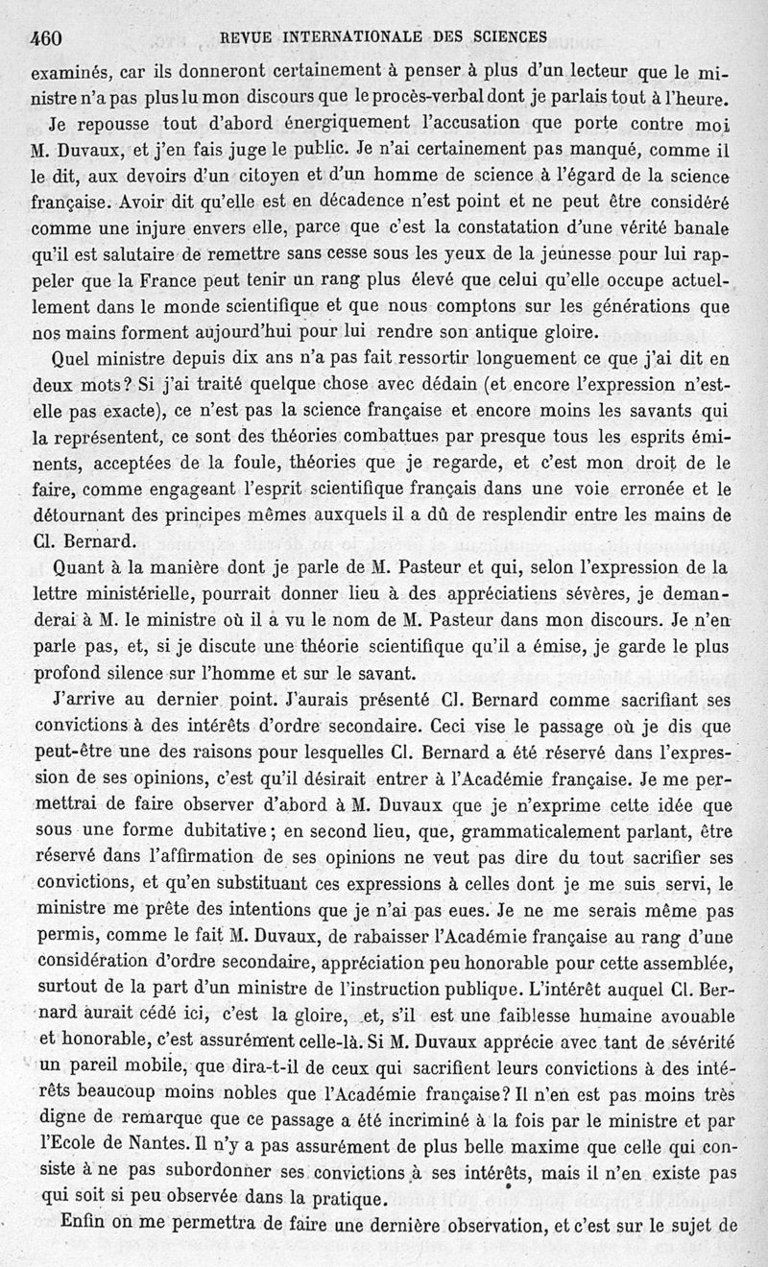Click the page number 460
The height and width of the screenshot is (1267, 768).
tap(46, 37)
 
